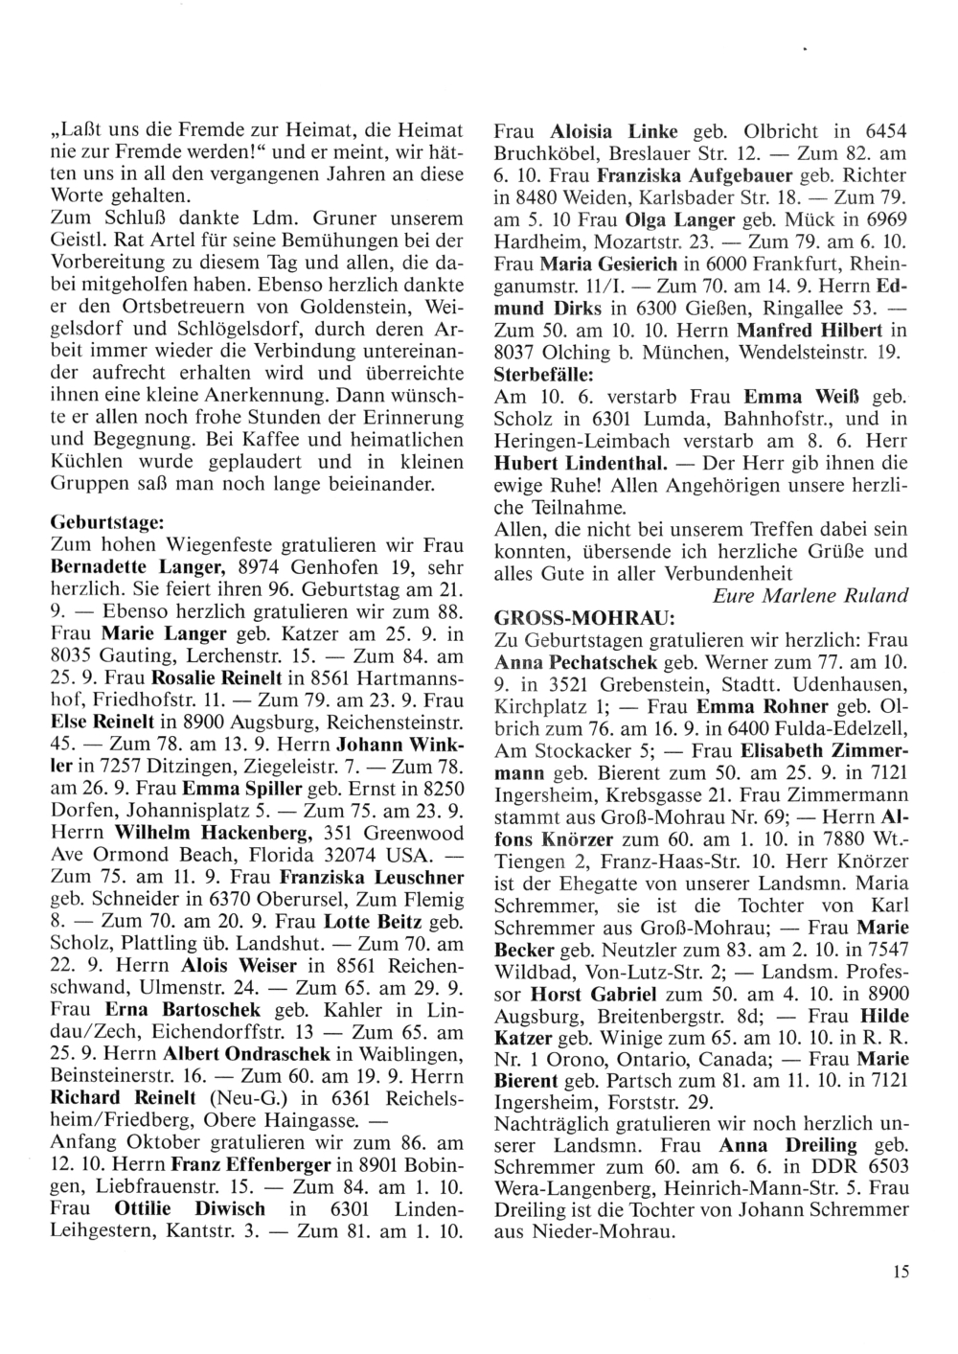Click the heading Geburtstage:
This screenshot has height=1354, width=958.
[106, 524]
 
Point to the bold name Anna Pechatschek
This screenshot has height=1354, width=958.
[575, 662]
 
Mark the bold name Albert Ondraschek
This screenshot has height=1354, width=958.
[229, 1052]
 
